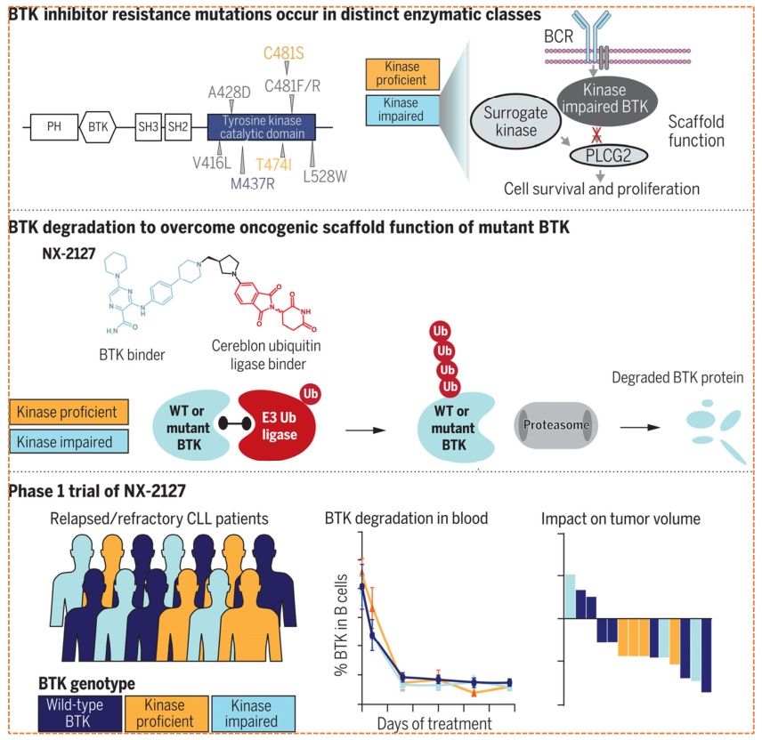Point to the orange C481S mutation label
[x=284, y=53]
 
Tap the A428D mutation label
[x=230, y=92]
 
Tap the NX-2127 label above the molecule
[x=68, y=253]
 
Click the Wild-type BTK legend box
[x=78, y=713]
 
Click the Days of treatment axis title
[x=434, y=723]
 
